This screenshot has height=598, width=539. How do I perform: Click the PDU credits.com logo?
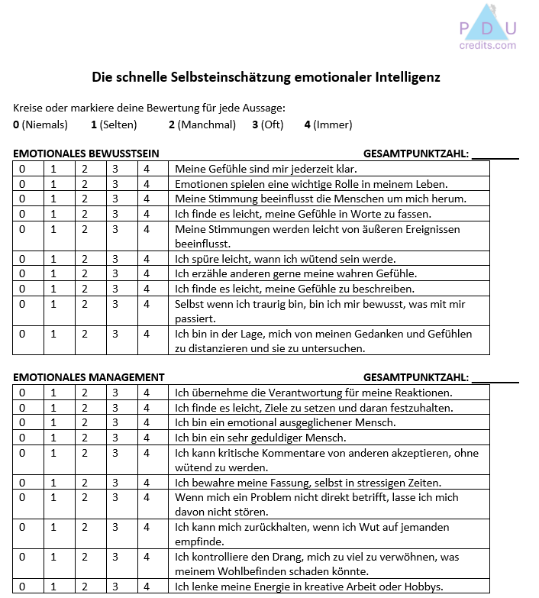pyautogui.click(x=488, y=28)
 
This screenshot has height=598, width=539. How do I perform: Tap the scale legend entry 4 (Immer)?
pyautogui.click(x=328, y=124)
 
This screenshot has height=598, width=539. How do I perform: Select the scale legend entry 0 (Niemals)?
pyautogui.click(x=40, y=124)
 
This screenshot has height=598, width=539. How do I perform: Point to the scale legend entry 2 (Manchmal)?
pyautogui.click(x=202, y=124)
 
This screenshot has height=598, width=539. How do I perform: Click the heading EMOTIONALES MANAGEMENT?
pyautogui.click(x=89, y=377)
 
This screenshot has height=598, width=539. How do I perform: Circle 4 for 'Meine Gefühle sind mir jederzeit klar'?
pyautogui.click(x=147, y=169)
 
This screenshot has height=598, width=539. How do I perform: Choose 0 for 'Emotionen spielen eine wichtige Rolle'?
pyautogui.click(x=22, y=184)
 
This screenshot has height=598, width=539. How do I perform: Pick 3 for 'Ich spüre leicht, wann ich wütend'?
pyautogui.click(x=115, y=259)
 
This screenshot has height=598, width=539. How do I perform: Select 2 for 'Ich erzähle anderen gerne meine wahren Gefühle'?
pyautogui.click(x=85, y=273)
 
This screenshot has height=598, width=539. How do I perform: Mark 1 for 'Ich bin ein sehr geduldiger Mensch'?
pyautogui.click(x=53, y=438)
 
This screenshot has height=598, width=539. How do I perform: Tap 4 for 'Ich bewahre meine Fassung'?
pyautogui.click(x=147, y=483)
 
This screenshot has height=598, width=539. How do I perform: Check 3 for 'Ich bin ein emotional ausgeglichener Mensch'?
pyautogui.click(x=115, y=422)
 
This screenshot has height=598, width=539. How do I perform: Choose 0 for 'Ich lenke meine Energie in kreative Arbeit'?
pyautogui.click(x=22, y=587)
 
